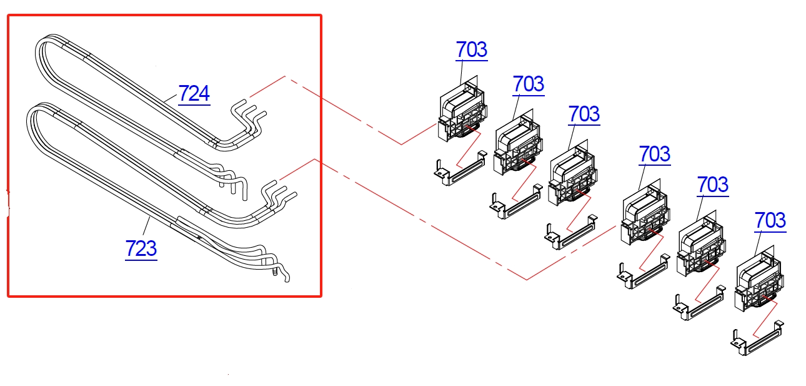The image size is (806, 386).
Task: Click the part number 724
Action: point(194,94)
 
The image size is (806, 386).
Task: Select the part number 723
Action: point(141,248)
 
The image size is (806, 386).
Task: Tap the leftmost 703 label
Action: point(471,49)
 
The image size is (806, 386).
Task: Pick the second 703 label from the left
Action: point(528,84)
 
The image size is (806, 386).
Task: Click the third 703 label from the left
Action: point(584,114)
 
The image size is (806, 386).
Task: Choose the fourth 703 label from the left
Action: point(655,154)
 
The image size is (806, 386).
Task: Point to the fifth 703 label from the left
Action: point(713,185)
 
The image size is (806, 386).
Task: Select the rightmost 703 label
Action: point(770,220)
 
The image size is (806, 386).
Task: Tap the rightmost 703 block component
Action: point(759,279)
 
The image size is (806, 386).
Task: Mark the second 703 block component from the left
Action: point(518,143)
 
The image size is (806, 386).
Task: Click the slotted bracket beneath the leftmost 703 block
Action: point(460,168)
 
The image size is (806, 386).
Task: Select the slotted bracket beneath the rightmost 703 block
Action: point(757,338)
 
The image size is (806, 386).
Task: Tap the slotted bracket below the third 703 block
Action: point(570,233)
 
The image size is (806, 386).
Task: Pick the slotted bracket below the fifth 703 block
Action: point(700,303)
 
